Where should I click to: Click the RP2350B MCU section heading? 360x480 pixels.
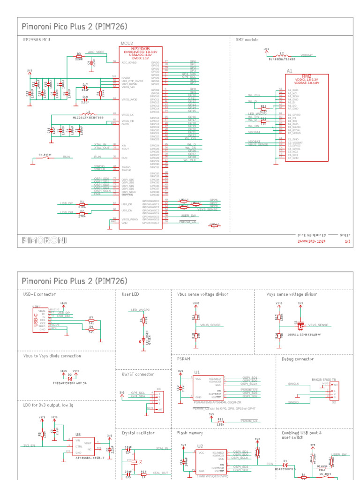(x=37, y=40)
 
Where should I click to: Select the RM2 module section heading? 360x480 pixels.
(x=247, y=40)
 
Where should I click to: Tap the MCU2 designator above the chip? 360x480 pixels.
(x=127, y=43)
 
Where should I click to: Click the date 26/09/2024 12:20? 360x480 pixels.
(x=312, y=241)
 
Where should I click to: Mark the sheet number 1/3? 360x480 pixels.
(x=348, y=241)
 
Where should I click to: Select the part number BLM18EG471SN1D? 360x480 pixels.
(x=282, y=60)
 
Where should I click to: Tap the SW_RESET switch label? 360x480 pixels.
(x=45, y=154)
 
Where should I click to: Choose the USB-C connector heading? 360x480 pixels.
(x=39, y=294)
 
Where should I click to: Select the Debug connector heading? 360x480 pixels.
(x=298, y=359)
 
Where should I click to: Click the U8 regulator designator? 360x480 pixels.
(x=78, y=435)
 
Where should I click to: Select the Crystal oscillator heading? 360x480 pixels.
(x=138, y=433)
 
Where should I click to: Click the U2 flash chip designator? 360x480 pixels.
(x=200, y=446)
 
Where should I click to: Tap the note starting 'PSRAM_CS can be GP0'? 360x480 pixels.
(x=224, y=408)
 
